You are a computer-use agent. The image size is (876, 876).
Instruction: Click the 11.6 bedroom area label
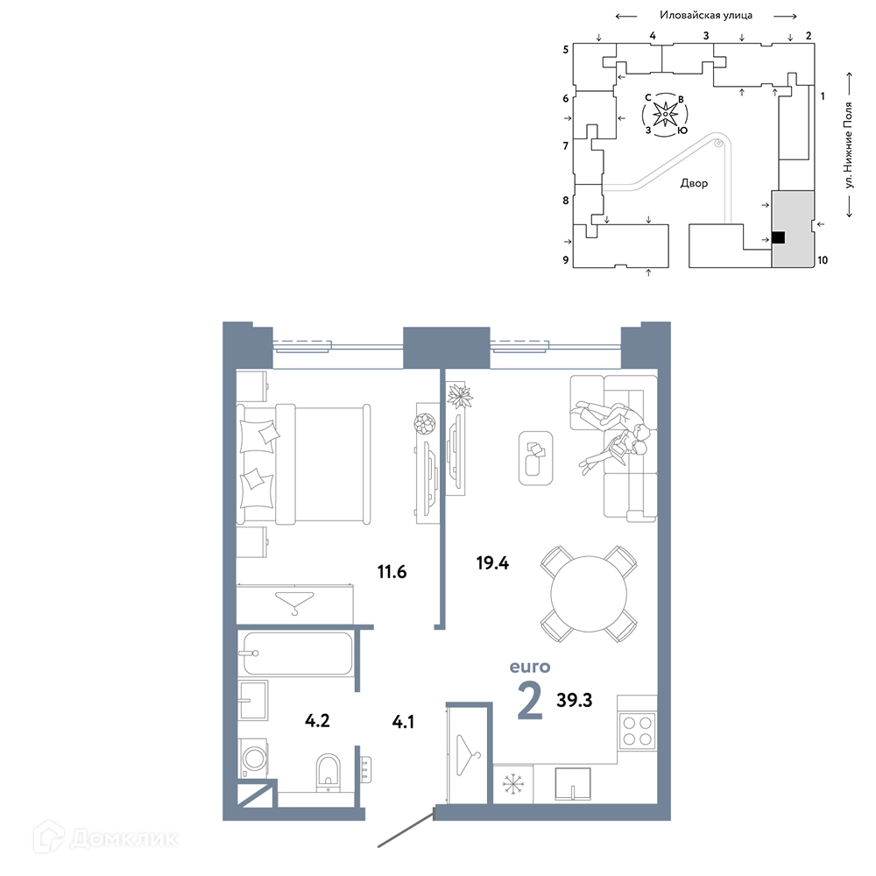pos(392,571)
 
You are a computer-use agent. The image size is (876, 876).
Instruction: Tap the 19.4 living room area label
pos(492,562)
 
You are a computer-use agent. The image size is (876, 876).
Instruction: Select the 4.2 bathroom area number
pos(317,721)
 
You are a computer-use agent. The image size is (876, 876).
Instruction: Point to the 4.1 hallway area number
pos(403,722)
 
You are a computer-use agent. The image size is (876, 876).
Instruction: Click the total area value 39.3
pos(575,700)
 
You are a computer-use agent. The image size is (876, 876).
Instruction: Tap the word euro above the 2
pos(530,667)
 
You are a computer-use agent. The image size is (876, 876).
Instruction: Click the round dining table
pos(589,594)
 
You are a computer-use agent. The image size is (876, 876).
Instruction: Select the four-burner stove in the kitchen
pos(638,731)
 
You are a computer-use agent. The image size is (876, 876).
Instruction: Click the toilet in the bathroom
pos(328,772)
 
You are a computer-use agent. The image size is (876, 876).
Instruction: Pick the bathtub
pos(296,653)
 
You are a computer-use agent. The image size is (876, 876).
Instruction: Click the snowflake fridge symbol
pos(512,784)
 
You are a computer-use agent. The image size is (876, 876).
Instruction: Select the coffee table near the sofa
pos(536,458)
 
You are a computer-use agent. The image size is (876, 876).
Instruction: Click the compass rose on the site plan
pos(666,115)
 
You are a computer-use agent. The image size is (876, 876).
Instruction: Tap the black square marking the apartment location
pos(778,238)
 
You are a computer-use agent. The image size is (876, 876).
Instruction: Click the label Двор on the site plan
pos(694,183)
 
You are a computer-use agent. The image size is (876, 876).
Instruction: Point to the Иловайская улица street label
pos(705,15)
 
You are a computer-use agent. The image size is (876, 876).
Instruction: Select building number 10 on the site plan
pos(823,260)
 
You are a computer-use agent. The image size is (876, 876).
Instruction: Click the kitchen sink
pos(573,784)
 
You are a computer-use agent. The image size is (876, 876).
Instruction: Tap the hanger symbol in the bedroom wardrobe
pos(295,603)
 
